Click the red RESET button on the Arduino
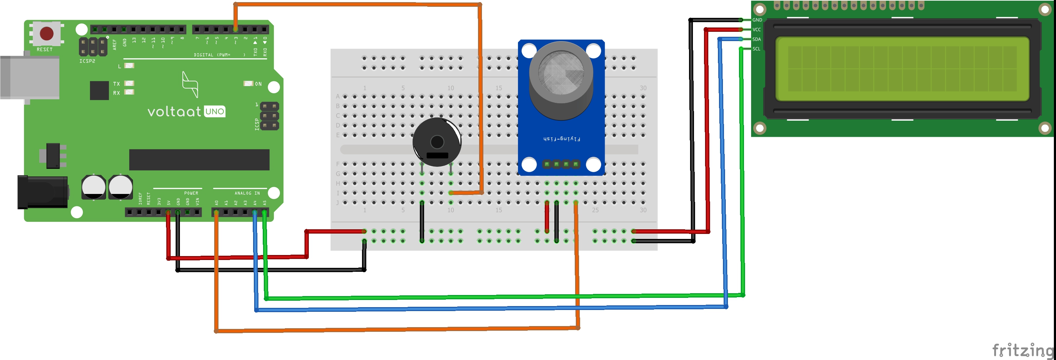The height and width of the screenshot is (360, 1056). (x=46, y=33)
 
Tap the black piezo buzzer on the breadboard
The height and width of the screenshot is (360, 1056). (x=437, y=142)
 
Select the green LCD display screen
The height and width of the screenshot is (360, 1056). (x=902, y=69)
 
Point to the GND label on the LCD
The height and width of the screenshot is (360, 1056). (x=757, y=20)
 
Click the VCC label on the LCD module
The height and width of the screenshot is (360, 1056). (x=756, y=30)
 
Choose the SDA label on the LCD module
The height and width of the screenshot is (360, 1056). (x=756, y=39)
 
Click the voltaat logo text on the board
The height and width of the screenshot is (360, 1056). (x=174, y=111)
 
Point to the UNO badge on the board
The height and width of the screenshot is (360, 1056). (x=215, y=111)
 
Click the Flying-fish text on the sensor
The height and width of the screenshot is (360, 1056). (x=561, y=139)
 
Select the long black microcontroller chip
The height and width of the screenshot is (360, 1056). (x=199, y=160)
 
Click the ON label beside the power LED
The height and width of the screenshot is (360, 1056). (x=258, y=84)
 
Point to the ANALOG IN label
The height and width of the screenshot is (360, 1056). (x=247, y=193)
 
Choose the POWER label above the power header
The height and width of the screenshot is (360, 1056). (x=191, y=193)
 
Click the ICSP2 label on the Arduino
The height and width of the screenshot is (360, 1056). (x=87, y=61)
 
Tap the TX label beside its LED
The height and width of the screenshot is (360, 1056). (x=116, y=84)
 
